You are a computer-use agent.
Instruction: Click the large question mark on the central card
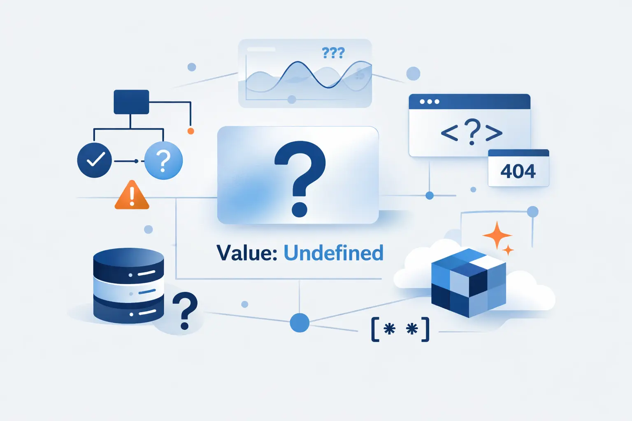(x=300, y=179)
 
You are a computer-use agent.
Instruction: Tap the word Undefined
(x=334, y=253)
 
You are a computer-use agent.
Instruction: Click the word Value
(x=246, y=253)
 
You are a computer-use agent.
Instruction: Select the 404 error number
(x=518, y=171)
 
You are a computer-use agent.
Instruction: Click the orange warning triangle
(x=132, y=195)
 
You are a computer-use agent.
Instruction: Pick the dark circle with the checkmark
(x=95, y=160)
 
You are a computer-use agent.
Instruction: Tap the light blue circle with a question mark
(x=163, y=160)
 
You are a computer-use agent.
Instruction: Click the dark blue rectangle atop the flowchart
(x=131, y=102)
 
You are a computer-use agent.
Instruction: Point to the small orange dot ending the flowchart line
(x=191, y=131)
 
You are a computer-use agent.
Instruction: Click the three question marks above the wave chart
(x=333, y=53)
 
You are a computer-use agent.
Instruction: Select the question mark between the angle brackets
(x=472, y=132)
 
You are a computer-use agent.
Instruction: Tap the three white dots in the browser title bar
(x=430, y=102)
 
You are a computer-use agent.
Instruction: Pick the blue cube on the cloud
(x=469, y=282)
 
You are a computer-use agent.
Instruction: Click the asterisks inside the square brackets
(x=401, y=329)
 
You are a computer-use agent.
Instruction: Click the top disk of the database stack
(x=129, y=265)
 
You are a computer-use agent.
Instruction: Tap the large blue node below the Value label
(x=300, y=323)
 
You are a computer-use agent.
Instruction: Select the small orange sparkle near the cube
(x=508, y=250)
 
